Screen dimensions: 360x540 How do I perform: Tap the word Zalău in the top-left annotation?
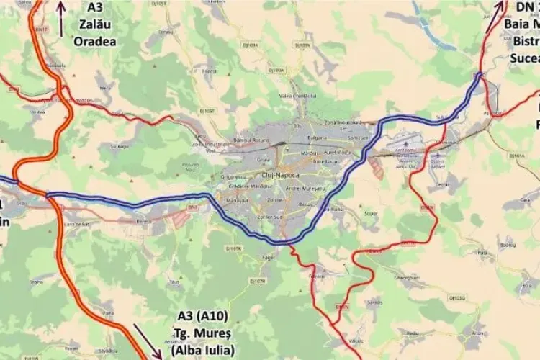tap(95, 24)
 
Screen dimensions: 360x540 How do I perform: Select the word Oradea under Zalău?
tap(95, 40)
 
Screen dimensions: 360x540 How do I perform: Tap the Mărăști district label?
tap(310, 153)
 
